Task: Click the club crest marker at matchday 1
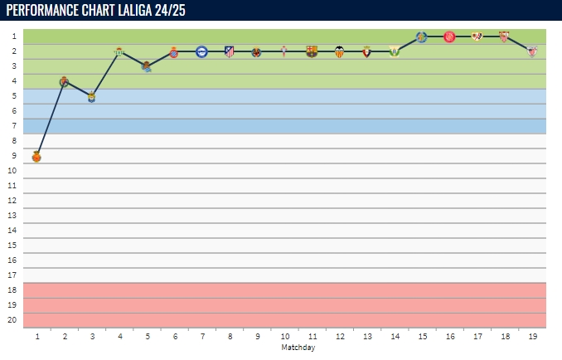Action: click(x=36, y=156)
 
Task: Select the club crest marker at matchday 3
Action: click(x=91, y=97)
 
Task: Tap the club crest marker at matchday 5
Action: click(x=146, y=66)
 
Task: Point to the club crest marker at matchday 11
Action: click(x=312, y=51)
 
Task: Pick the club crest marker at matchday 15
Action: click(x=421, y=36)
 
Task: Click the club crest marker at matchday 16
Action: click(x=449, y=36)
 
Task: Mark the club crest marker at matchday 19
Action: click(x=532, y=51)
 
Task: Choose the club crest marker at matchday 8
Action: click(x=230, y=51)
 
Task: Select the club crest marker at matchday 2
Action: click(x=64, y=81)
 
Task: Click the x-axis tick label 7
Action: click(x=201, y=338)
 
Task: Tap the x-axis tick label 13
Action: click(x=366, y=338)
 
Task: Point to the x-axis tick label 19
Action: click(x=532, y=338)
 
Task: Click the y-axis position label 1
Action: click(x=13, y=36)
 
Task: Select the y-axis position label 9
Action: click(x=13, y=156)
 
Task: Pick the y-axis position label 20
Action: click(x=12, y=320)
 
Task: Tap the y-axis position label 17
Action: click(x=12, y=275)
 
